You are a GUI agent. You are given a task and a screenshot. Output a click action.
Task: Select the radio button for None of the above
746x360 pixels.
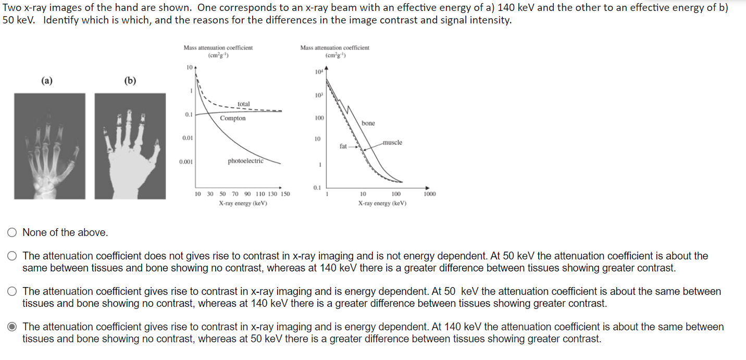[12, 233]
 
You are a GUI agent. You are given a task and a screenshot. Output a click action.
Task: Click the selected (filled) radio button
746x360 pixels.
[12, 327]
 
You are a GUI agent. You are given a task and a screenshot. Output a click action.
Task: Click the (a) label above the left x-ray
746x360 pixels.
[47, 81]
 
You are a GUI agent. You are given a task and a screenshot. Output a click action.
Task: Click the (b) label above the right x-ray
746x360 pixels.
[130, 81]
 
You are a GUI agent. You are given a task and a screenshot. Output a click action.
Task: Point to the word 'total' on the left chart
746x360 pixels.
[243, 104]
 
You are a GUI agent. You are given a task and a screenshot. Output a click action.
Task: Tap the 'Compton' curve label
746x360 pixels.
[232, 118]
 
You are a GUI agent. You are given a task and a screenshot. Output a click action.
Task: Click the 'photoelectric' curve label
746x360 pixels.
[245, 161]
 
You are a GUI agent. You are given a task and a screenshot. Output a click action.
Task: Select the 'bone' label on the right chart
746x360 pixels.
[368, 123]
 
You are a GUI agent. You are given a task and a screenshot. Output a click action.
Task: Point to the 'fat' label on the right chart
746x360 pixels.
[343, 146]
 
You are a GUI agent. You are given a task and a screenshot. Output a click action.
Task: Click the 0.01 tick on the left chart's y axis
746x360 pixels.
[187, 138]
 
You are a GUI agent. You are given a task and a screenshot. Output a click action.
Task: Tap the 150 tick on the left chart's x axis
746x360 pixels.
[285, 194]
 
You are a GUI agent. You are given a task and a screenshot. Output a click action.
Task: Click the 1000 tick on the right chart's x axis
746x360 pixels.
[430, 194]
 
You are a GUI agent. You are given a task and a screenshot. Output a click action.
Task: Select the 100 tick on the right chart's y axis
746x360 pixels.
[319, 118]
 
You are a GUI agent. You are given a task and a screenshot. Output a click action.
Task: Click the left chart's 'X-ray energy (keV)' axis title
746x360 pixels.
[243, 203]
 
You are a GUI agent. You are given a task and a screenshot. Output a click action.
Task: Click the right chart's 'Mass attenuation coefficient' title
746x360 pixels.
[334, 48]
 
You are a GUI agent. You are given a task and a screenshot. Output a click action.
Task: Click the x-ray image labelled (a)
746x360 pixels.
[49, 146]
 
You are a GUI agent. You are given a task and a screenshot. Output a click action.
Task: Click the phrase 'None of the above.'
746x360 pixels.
[65, 233]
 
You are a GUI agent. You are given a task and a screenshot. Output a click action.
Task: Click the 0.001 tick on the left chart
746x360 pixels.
[186, 162]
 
